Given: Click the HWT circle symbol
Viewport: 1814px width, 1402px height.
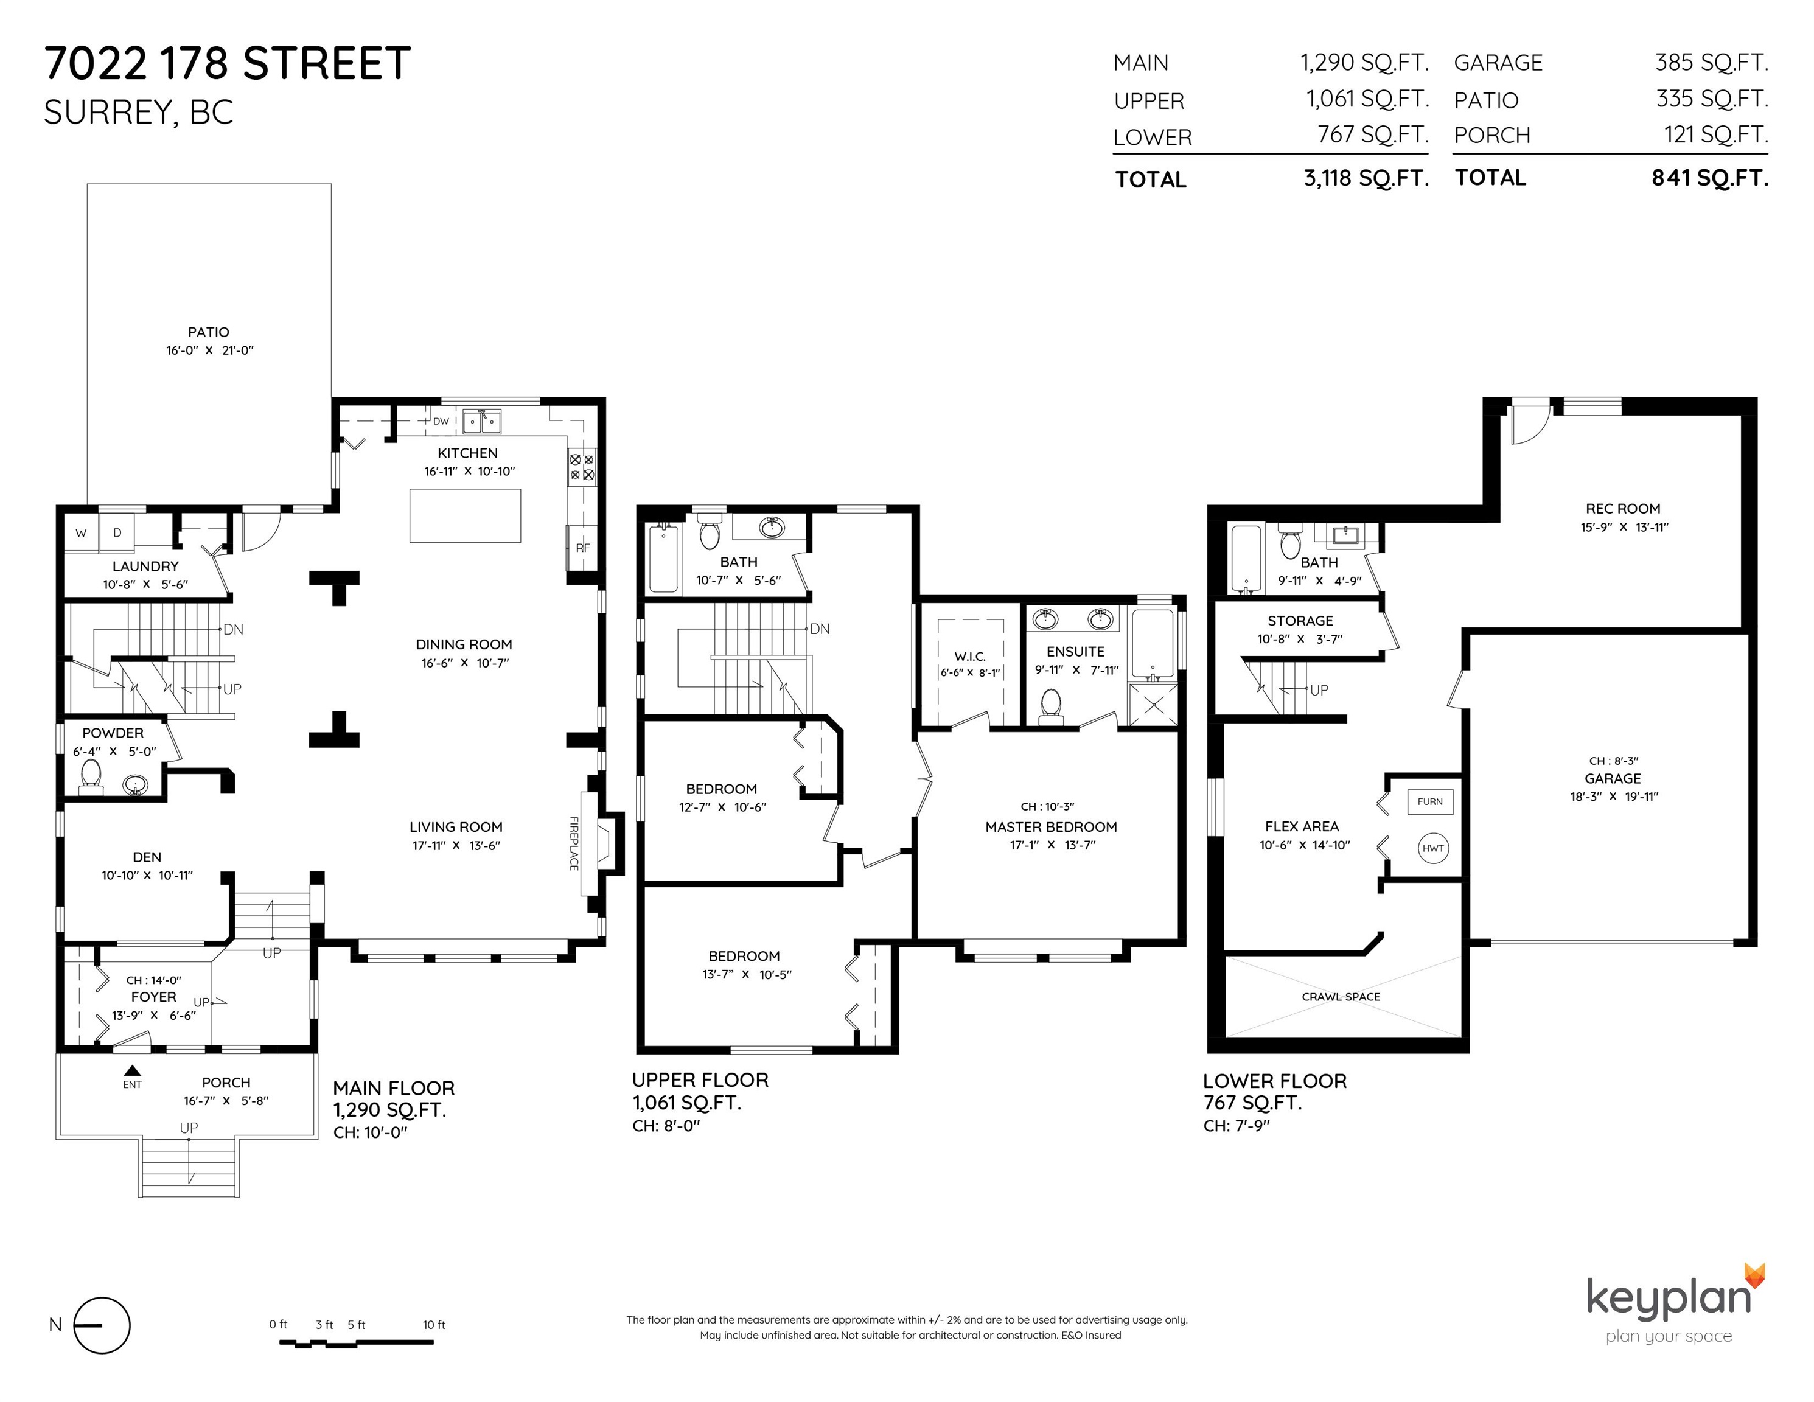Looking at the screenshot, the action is tap(1432, 848).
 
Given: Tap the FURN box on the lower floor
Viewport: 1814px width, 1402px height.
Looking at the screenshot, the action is tap(1430, 801).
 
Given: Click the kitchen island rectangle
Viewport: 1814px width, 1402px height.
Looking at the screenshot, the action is tap(465, 516).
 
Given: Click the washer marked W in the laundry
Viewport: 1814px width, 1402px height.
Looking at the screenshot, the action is tap(82, 533).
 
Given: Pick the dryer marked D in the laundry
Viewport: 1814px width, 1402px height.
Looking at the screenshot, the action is tap(117, 533).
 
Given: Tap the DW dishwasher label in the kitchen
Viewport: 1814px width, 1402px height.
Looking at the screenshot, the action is tap(441, 421).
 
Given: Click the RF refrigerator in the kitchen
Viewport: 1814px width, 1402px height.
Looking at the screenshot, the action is tap(582, 547).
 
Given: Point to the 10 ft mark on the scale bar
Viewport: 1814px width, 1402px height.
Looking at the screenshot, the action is tap(433, 1325).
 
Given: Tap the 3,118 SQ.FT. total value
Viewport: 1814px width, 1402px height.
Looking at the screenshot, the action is tap(1366, 178).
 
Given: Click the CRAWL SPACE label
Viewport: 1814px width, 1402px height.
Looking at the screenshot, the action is tap(1341, 997).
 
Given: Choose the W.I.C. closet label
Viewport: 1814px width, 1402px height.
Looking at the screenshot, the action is tap(970, 656).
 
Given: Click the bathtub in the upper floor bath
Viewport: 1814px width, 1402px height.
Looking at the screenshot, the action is tap(663, 557).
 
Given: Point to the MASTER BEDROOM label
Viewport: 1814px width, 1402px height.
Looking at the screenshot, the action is tap(1051, 826).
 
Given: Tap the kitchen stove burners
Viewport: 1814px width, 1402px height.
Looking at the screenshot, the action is tap(581, 467).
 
